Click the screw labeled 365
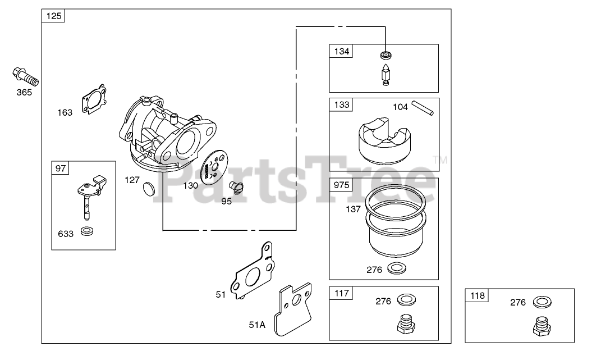(x=26, y=77)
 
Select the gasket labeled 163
(x=94, y=99)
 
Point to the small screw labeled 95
(x=236, y=187)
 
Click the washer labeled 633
(x=88, y=231)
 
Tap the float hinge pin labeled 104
(x=423, y=108)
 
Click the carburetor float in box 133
(x=384, y=140)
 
